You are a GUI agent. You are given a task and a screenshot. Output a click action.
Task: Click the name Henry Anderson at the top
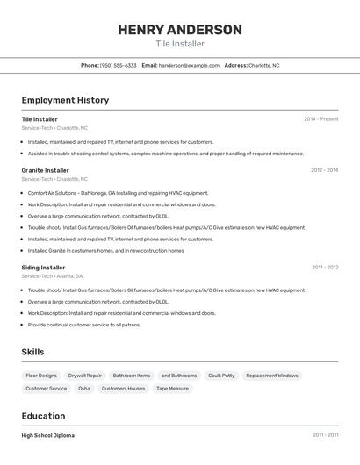point(180,30)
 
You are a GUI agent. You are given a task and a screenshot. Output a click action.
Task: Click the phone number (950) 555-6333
point(118,65)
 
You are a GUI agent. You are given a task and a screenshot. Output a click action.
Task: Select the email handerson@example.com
point(189,65)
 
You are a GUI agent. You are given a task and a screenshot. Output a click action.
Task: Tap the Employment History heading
point(65,100)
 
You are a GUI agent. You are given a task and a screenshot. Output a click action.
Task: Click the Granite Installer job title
point(46,170)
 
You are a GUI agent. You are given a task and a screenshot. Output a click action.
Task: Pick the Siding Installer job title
point(44,268)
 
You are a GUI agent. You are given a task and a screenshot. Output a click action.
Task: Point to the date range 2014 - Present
point(320,119)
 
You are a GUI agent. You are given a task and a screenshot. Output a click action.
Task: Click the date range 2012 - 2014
point(324,170)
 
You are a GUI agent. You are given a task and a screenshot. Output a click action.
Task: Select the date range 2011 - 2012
point(325,268)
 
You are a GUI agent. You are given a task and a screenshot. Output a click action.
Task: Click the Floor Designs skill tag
point(41,376)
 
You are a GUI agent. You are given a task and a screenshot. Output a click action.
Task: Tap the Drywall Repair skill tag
point(85,376)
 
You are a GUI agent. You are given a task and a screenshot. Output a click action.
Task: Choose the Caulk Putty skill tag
point(221,376)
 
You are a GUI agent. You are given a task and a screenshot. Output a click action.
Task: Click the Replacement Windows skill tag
point(272,376)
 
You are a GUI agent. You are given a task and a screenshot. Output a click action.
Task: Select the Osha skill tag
point(84,388)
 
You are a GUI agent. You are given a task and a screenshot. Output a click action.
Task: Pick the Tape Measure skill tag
point(172,388)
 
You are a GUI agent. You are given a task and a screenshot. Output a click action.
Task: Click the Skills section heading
point(33,352)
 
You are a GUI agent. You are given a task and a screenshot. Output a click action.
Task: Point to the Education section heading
point(44,416)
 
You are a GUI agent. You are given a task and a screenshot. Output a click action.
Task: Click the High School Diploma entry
point(48,435)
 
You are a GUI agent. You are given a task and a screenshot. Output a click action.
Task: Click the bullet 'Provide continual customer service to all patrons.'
point(84,325)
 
